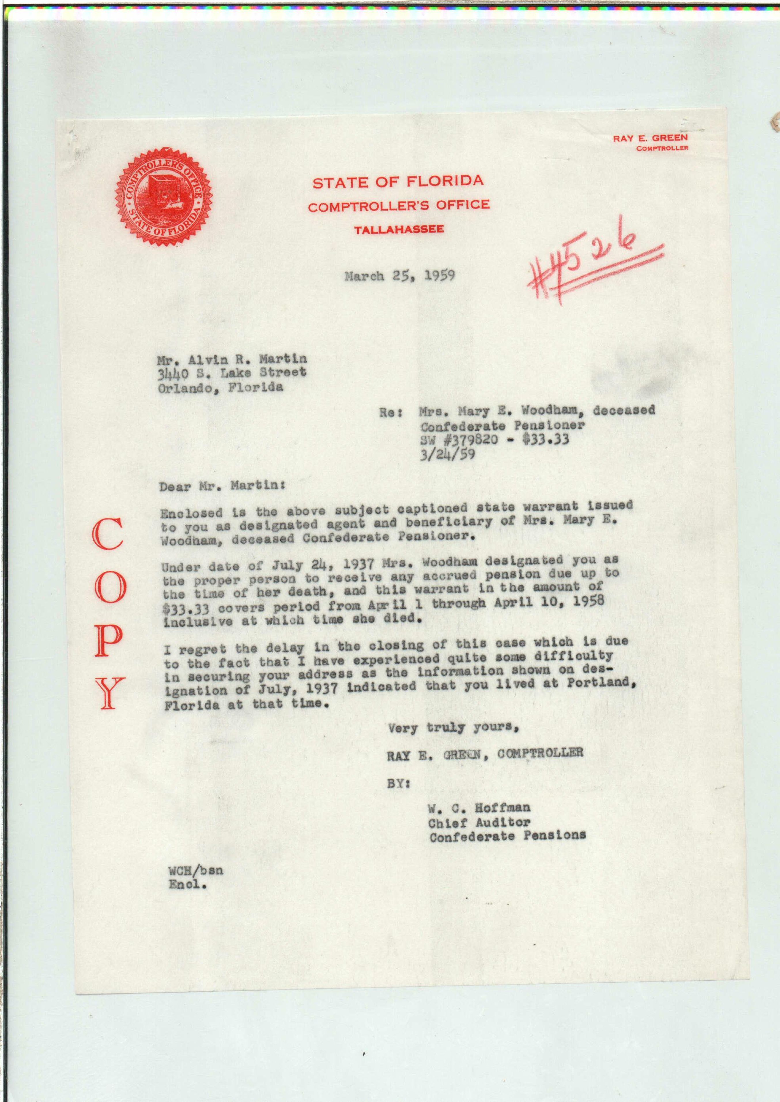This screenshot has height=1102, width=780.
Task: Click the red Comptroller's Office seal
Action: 165,196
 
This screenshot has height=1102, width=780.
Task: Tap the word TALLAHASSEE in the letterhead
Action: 399,230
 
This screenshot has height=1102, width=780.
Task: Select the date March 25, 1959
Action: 399,276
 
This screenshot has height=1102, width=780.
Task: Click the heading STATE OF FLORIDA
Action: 398,182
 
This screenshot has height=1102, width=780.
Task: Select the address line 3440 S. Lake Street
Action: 232,373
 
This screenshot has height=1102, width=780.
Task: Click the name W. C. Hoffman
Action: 479,808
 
